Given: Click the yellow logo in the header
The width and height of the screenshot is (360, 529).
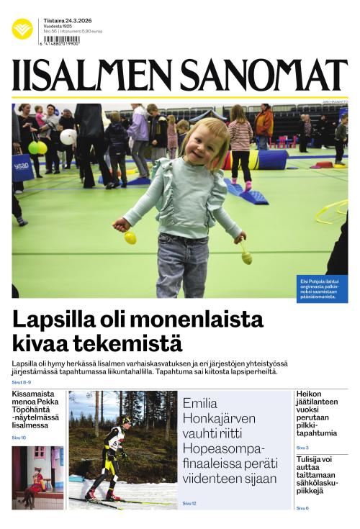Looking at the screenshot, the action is click(x=22, y=29).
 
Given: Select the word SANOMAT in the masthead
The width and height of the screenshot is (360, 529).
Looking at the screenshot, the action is click(x=264, y=76).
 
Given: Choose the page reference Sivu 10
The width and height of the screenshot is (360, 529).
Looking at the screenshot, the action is click(x=19, y=437).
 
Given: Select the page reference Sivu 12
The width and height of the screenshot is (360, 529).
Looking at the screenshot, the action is click(x=189, y=503).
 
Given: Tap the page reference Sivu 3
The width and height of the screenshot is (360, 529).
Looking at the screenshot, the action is click(x=302, y=448).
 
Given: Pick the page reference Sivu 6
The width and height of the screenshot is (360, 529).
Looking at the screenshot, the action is click(x=302, y=508).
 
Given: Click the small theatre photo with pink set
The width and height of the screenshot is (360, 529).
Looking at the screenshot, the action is click(x=37, y=476).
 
